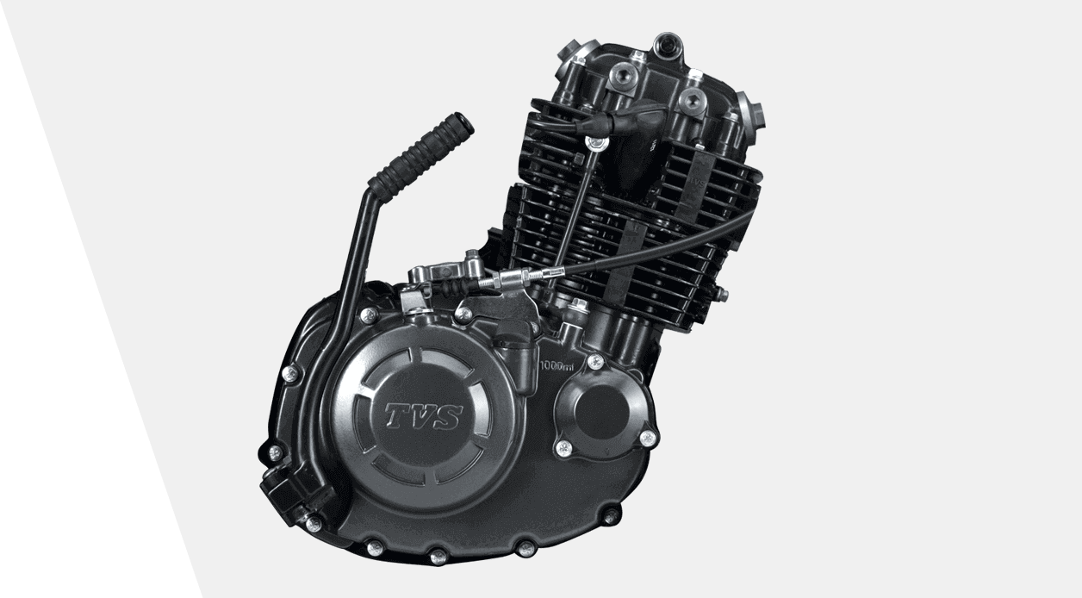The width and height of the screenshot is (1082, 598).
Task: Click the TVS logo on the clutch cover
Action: click(x=423, y=416)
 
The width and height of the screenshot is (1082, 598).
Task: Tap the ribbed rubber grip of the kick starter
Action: click(x=420, y=153)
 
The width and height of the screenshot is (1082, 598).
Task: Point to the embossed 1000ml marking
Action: click(x=557, y=365)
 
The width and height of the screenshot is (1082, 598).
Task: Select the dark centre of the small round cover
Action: click(x=602, y=411)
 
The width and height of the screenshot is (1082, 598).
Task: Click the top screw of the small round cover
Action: click(x=595, y=360)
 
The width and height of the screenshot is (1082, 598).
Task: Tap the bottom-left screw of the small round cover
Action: click(x=563, y=447)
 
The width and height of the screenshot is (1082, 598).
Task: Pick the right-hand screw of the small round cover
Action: click(x=647, y=438)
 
